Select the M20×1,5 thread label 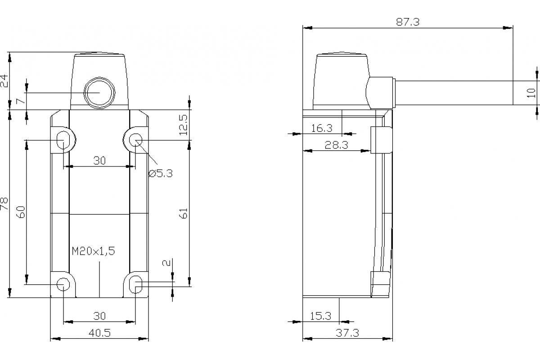click(94, 251)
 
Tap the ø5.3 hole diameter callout click(161, 173)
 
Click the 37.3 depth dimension click(347, 333)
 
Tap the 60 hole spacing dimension click(21, 212)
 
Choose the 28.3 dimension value click(337, 145)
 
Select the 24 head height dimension click(4, 81)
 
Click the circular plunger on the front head click(99, 93)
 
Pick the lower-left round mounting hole click(63, 284)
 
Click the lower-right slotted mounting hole click(136, 284)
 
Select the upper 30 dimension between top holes click(99, 161)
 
